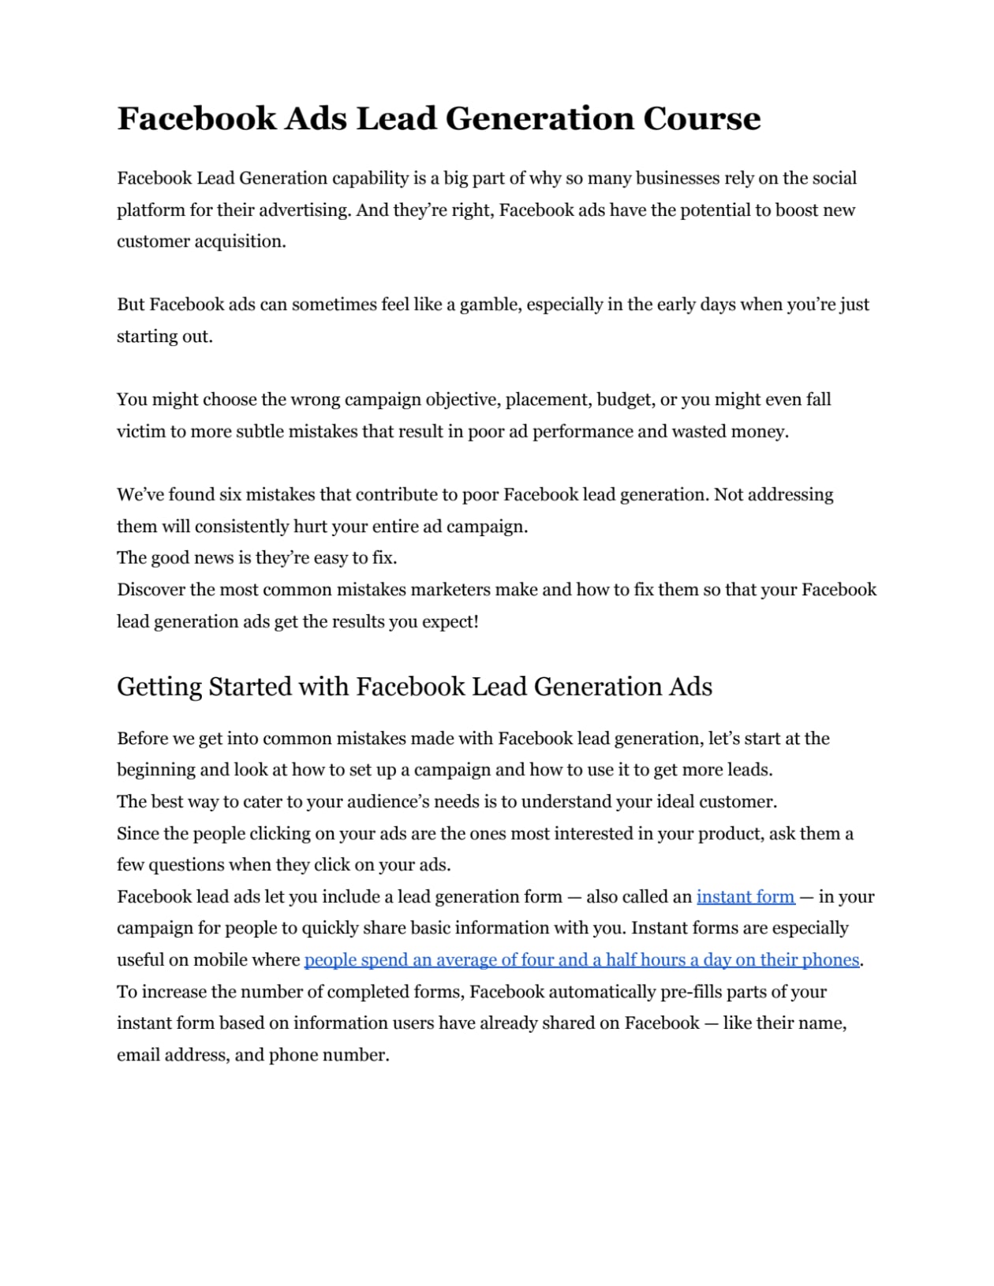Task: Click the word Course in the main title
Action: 701,119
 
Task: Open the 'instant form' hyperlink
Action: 745,896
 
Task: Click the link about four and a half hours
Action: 581,960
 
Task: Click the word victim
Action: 140,431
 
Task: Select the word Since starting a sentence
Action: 137,833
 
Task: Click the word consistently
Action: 241,526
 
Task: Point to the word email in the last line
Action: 137,1055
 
